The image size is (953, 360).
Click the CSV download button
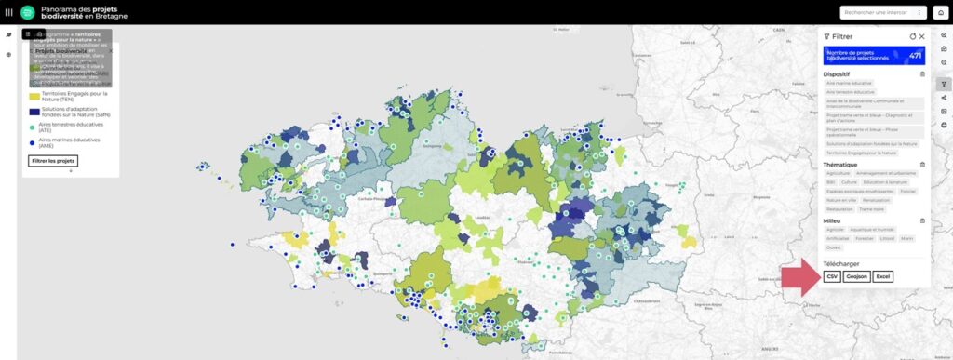pos(831,276)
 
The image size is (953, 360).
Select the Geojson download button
pos(857,276)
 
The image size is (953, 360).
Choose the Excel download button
pos(884,276)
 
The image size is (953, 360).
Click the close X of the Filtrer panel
pos(921,36)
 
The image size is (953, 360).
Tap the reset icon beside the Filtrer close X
pos(913,36)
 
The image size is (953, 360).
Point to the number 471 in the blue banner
pos(915,56)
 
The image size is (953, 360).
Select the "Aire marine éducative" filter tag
pos(850,83)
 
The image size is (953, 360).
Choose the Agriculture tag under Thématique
pos(839,173)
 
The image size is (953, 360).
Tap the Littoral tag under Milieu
pos(886,238)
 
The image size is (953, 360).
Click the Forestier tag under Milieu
pos(865,238)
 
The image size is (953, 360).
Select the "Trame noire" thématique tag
pos(870,209)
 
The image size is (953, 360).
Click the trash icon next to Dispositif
pos(922,73)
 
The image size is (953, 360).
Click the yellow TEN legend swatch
pos(34,95)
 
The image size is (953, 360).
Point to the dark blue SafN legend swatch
pos(34,111)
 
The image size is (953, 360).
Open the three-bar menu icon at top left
pos(9,12)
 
